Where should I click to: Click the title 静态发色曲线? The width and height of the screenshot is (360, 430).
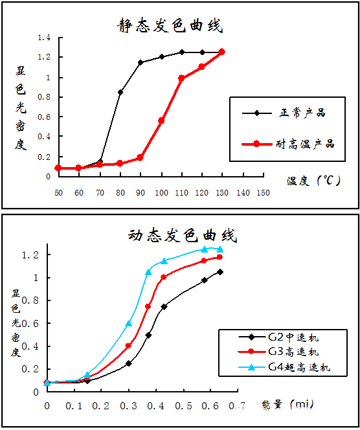pyautogui.click(x=170, y=26)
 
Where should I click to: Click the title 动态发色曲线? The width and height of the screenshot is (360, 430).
pyautogui.click(x=183, y=235)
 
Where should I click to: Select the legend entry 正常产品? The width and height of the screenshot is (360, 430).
pyautogui.click(x=302, y=113)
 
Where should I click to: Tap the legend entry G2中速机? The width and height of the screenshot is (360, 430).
pyautogui.click(x=293, y=337)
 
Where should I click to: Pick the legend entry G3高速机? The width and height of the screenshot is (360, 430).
pyautogui.click(x=293, y=352)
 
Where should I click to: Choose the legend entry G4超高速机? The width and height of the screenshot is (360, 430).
pyautogui.click(x=298, y=367)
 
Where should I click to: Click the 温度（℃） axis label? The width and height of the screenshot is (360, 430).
pyautogui.click(x=314, y=181)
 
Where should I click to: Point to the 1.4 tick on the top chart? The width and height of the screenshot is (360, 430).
pyautogui.click(x=44, y=38)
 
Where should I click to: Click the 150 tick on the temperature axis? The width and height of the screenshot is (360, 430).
pyautogui.click(x=264, y=193)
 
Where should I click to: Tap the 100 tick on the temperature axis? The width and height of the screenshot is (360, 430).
pyautogui.click(x=161, y=193)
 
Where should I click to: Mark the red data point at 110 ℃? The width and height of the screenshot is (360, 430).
pyautogui.click(x=181, y=78)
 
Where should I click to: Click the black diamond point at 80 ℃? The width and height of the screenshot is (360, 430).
pyautogui.click(x=120, y=92)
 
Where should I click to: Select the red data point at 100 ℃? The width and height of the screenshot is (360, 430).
pyautogui.click(x=161, y=120)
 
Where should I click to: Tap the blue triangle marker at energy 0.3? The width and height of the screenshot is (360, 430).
pyautogui.click(x=129, y=323)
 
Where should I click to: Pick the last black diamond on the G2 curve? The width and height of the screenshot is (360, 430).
pyautogui.click(x=220, y=272)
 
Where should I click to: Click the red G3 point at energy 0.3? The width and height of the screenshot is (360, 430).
pyautogui.click(x=128, y=346)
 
